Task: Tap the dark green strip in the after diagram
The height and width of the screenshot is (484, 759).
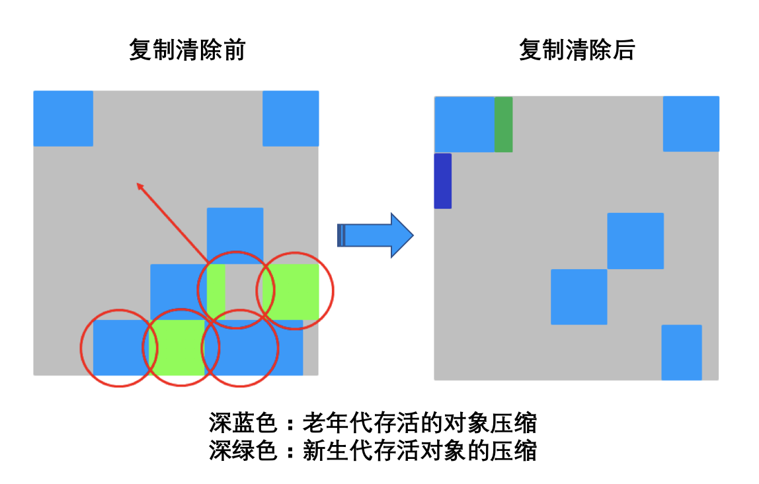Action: (x=503, y=124)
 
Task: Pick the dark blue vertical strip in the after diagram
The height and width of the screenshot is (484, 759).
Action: (x=442, y=181)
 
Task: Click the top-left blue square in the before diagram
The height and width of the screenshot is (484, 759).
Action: (x=63, y=118)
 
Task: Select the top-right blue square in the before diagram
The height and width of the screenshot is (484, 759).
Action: (x=290, y=118)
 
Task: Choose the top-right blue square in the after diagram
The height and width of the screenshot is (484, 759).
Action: (x=691, y=124)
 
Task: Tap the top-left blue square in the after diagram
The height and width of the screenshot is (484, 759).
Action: (x=464, y=124)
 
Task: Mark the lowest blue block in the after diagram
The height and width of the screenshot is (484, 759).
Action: (x=682, y=352)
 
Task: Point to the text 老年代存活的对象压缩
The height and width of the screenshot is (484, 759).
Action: (x=419, y=422)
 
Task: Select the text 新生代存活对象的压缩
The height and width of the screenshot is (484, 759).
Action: (x=419, y=451)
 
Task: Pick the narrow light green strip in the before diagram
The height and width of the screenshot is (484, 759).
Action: (x=216, y=292)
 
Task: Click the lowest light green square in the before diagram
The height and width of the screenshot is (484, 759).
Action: (x=177, y=347)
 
